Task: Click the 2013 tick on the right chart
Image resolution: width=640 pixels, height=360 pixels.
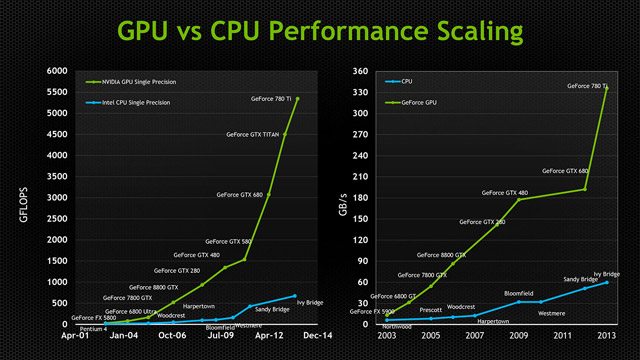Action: tap(607, 337)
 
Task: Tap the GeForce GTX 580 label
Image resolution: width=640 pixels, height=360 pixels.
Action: tap(228, 242)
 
